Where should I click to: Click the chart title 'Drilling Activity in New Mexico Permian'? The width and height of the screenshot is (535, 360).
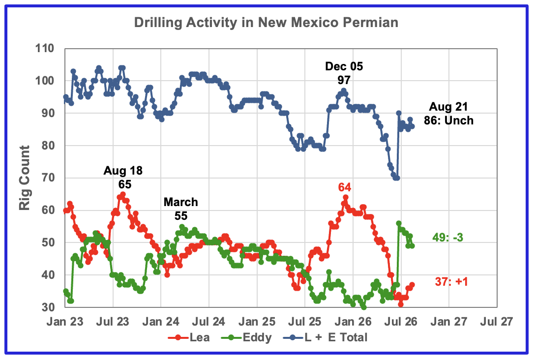[x=266, y=23]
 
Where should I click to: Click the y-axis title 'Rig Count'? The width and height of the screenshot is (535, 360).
[x=25, y=178]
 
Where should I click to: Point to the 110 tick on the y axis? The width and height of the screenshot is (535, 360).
[x=45, y=49]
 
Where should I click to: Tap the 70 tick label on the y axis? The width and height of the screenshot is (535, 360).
[x=48, y=178]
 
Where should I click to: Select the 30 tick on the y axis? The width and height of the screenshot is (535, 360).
[x=48, y=307]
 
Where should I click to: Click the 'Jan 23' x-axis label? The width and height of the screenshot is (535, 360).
[x=65, y=322]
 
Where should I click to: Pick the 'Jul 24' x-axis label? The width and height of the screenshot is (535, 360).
[x=208, y=322]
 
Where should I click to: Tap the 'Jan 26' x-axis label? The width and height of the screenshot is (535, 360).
[x=353, y=322]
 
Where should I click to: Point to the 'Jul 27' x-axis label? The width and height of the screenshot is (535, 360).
[x=497, y=322]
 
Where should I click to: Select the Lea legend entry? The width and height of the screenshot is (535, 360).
[x=189, y=337]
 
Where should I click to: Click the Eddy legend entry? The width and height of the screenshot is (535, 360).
[x=246, y=337]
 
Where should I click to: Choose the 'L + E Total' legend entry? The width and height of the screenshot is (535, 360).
[x=325, y=337]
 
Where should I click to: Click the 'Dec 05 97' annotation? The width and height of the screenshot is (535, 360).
[x=344, y=73]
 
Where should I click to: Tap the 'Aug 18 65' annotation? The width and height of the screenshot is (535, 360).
[x=123, y=178]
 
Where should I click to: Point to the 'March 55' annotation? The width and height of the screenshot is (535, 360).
[x=181, y=209]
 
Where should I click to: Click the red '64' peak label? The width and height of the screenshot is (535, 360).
[x=345, y=187]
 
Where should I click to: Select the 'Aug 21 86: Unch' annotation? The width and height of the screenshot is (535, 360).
[x=448, y=114]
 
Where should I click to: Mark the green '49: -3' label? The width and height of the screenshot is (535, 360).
[x=447, y=237]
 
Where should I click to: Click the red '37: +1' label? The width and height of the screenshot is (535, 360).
[x=451, y=282]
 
